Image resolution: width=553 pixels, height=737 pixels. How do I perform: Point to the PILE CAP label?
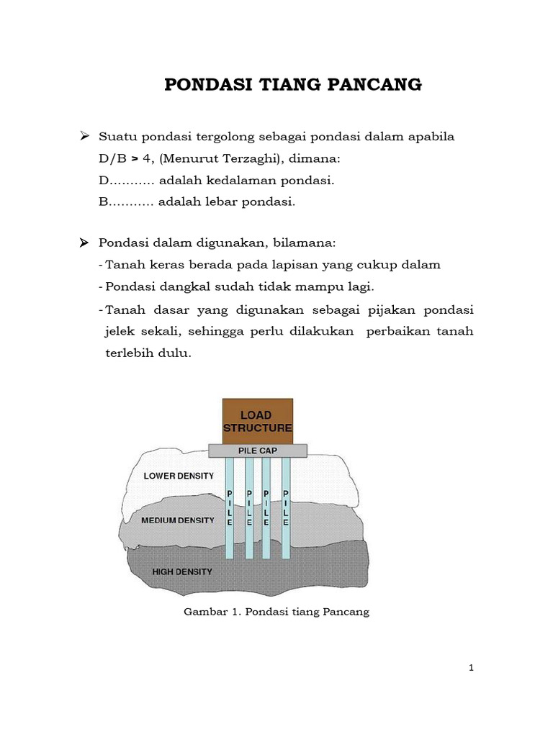tap(257, 451)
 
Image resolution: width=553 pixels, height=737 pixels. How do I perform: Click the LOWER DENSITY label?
tap(178, 476)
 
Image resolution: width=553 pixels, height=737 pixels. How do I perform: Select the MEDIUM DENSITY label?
tap(179, 520)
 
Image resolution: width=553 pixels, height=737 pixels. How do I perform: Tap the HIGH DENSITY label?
tap(182, 572)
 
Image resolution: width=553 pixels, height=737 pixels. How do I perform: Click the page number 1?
tap(471, 668)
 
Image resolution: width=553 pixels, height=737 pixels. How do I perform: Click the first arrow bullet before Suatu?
tap(84, 136)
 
